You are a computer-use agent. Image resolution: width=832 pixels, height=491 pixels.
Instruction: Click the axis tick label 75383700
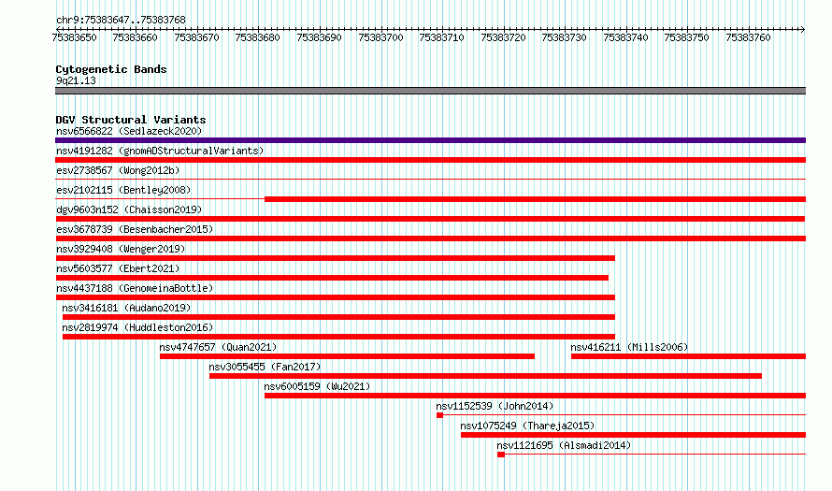380,37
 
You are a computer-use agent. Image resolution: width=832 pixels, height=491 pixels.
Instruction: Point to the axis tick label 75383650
74,37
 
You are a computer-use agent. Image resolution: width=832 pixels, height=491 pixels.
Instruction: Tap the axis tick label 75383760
748,37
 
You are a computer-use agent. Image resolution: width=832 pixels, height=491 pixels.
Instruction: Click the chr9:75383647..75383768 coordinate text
121,21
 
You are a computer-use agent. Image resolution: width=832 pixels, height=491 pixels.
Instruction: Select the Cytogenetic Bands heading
111,69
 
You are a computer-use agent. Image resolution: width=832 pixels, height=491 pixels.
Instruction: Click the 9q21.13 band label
76,80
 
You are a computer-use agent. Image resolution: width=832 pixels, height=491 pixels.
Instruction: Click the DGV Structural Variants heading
131,120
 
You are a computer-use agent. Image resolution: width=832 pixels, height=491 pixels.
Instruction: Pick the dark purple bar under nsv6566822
430,140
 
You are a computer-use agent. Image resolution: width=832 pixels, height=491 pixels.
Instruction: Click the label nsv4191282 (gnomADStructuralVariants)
160,151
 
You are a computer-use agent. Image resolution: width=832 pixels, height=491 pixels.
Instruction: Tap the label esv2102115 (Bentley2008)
123,190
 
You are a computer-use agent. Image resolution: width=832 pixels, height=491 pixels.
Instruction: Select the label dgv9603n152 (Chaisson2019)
129,209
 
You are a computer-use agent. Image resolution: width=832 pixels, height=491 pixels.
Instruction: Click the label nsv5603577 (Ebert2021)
118,268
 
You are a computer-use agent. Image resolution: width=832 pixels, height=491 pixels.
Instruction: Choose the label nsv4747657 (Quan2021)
218,347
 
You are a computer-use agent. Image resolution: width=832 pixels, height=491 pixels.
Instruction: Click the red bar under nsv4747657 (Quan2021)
347,356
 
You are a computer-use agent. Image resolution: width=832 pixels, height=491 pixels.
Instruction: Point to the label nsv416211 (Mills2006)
629,347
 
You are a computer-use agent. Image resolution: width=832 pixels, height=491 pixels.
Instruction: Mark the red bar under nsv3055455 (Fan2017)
485,376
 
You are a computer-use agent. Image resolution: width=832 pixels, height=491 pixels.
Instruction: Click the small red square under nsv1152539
440,415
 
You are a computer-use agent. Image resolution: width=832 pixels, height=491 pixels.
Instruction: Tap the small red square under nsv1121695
501,455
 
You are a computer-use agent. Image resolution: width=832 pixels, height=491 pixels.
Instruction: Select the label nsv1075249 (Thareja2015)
527,426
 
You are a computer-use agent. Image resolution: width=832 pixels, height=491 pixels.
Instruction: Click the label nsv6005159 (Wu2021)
317,386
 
